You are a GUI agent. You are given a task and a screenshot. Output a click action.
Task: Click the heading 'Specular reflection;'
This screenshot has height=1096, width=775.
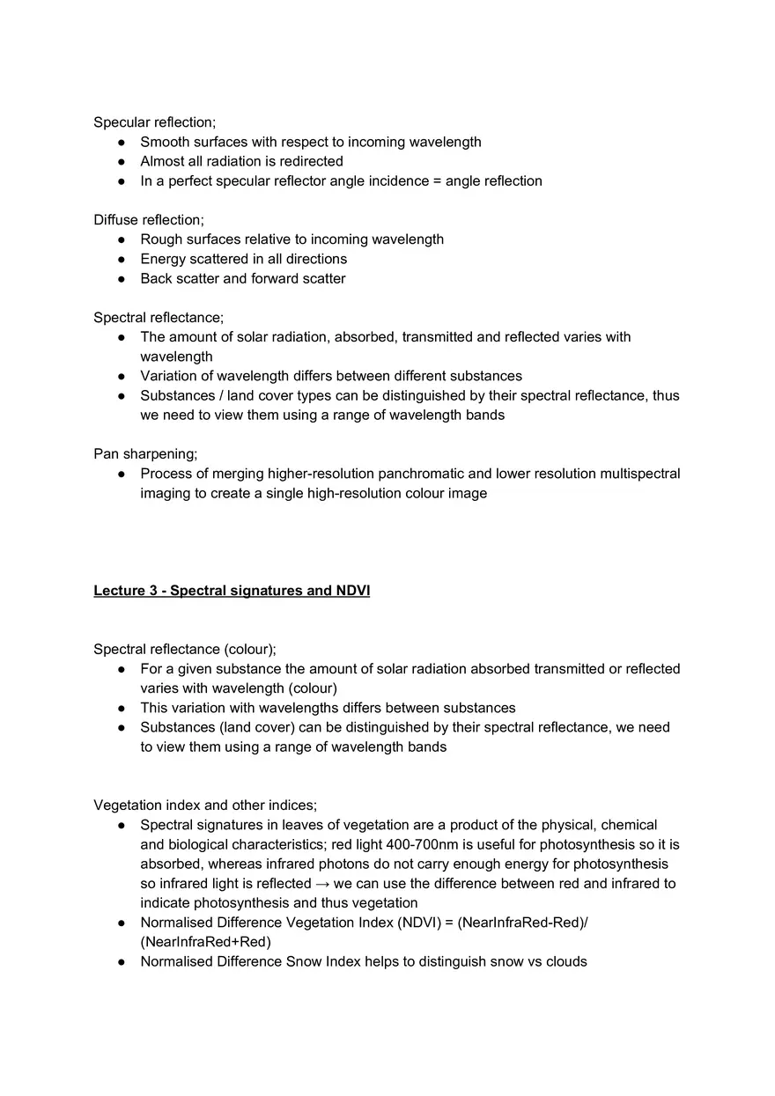(x=154, y=122)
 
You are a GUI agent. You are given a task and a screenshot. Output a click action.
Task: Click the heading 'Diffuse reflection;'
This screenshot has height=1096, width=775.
(x=148, y=220)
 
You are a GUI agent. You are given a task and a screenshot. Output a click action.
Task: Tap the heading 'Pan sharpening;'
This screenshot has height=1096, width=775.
(x=145, y=454)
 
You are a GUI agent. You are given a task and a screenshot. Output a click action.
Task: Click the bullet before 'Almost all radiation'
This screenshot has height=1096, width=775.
(x=122, y=162)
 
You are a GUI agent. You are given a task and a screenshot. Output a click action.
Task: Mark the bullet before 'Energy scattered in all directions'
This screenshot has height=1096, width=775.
(x=122, y=260)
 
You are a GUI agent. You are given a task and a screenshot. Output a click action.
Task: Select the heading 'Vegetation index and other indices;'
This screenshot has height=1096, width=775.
(x=205, y=805)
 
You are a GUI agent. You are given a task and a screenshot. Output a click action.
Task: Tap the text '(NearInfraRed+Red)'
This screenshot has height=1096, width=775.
(x=205, y=942)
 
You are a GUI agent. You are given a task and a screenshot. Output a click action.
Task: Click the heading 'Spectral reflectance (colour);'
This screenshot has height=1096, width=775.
(x=185, y=650)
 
